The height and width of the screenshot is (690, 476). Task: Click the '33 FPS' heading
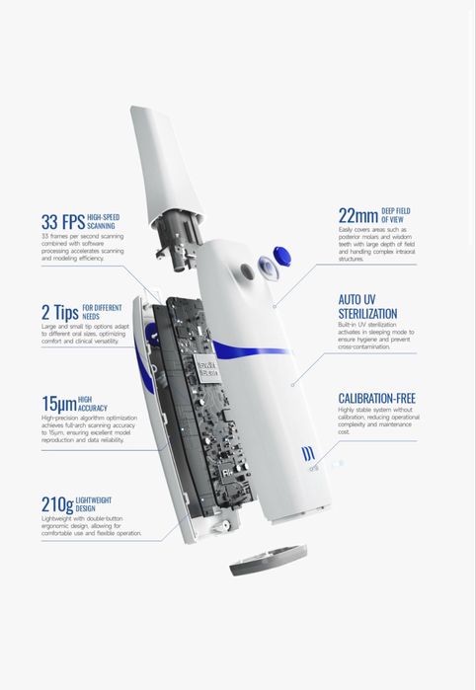pos(63,222)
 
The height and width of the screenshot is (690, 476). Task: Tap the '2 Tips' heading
pos(60,313)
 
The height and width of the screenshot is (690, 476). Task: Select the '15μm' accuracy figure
pos(59,404)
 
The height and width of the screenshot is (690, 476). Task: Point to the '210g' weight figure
pos(57,504)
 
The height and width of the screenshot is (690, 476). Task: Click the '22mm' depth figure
pos(358,215)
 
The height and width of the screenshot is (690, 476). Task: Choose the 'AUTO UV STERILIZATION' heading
pos(367,307)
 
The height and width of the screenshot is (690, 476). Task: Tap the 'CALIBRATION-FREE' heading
pos(377,398)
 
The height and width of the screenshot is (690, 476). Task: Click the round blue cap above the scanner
pos(281,256)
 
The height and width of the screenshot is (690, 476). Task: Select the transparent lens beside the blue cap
pos(269,268)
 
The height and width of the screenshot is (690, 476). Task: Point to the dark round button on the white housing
pos(247,271)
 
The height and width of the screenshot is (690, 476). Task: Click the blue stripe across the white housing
pos(251,349)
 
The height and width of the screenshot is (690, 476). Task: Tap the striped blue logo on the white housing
pos(308,454)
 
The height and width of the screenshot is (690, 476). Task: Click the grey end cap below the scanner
pos(269,560)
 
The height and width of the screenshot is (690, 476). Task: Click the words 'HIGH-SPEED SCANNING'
pos(103,221)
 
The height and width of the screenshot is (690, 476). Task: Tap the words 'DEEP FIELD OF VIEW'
pos(395,215)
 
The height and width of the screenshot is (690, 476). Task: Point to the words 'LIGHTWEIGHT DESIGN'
pos(94,504)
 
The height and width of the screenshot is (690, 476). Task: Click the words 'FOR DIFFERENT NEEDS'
pos(102,312)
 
